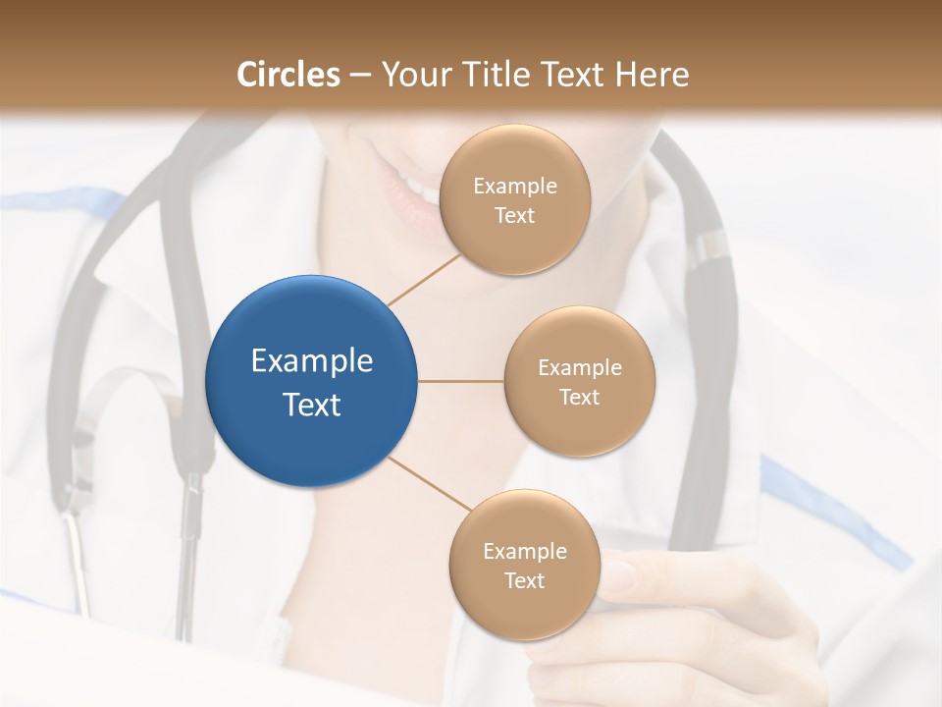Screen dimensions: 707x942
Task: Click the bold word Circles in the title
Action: point(288,75)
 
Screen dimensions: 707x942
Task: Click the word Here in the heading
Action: point(652,75)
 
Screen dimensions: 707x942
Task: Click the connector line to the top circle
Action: point(424,279)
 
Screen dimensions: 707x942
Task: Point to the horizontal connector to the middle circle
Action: point(460,381)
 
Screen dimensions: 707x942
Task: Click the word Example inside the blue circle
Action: point(312,361)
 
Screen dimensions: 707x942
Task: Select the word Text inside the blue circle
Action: point(312,404)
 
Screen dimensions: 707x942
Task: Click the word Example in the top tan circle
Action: point(514,187)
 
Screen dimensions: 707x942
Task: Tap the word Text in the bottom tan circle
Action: point(524,580)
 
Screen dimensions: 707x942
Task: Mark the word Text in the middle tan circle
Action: point(579,397)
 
